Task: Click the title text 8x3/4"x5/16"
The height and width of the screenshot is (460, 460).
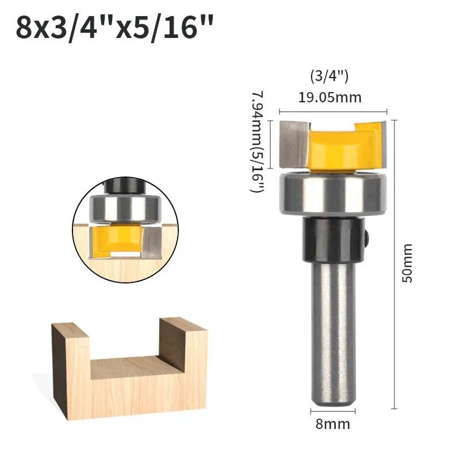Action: [114, 28]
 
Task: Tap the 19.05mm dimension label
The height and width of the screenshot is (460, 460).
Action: [329, 97]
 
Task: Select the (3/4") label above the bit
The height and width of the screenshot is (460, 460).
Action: [329, 77]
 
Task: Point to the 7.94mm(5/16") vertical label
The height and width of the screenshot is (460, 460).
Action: [257, 141]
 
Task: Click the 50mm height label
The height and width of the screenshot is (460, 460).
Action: [407, 263]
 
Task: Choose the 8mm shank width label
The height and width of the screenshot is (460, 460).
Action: [333, 424]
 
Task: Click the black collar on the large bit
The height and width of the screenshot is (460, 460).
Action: [333, 239]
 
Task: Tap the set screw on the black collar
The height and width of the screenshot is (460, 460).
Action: [366, 237]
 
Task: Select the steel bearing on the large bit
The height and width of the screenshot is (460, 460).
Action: [333, 193]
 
